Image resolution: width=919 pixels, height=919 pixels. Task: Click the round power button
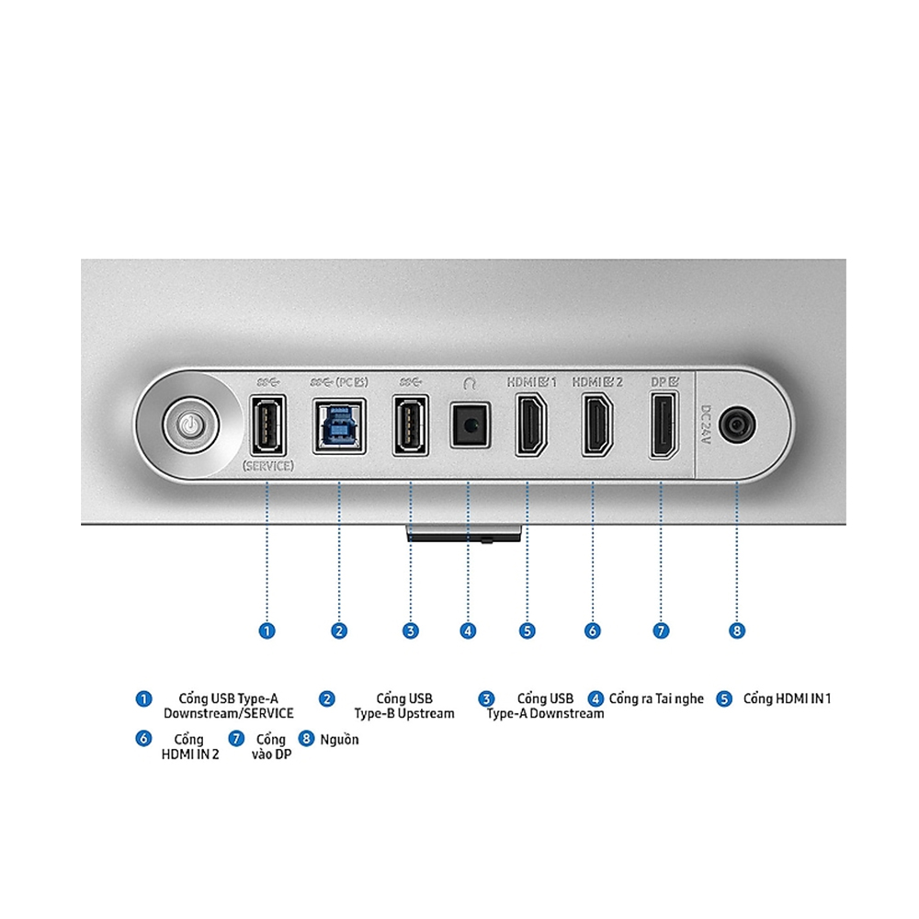189,425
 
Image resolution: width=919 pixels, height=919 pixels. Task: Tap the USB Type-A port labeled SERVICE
267,425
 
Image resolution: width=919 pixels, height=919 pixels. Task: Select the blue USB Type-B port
339,425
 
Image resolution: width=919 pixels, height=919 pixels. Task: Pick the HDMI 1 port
528,425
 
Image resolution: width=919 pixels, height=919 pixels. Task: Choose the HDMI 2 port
596,425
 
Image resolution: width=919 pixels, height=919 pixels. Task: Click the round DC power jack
738,425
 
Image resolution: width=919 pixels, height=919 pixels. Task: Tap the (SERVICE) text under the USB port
267,466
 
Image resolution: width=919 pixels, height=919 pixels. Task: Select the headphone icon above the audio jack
470,380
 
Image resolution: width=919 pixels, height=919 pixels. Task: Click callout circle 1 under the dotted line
267,630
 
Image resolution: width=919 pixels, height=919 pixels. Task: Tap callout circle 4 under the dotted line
469,630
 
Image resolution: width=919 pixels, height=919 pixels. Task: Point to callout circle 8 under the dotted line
737,630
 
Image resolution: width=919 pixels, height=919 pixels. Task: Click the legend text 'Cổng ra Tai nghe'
655,698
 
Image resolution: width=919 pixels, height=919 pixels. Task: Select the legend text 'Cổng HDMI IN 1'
787,698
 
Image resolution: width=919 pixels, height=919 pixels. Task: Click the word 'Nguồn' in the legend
339,739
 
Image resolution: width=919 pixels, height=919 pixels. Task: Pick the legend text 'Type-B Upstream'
403,714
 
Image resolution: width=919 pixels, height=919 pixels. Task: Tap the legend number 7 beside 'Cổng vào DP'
236,738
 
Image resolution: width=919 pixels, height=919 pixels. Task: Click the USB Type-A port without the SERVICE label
410,425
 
